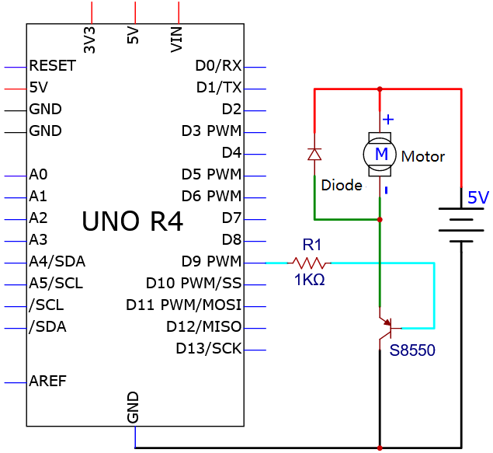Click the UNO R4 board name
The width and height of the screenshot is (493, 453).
click(132, 221)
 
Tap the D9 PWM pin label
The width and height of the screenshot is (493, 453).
click(211, 261)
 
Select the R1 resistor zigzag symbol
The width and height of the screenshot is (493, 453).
click(309, 263)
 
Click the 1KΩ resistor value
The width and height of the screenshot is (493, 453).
click(309, 280)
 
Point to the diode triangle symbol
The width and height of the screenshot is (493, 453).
click(314, 155)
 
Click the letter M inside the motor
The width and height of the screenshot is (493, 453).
click(381, 154)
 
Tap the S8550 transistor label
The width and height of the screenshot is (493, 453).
click(412, 350)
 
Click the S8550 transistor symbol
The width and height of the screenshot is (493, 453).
click(389, 329)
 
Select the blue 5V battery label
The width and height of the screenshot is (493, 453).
click(478, 197)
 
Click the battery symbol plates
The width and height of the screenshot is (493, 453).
click(461, 225)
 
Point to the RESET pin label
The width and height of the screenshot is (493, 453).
click(53, 66)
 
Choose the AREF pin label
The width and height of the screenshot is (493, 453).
click(48, 381)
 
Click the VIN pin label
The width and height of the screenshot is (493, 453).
click(176, 40)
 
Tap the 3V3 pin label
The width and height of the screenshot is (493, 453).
click(89, 40)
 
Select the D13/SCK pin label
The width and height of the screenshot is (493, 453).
click(208, 349)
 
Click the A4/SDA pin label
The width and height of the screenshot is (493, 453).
click(57, 261)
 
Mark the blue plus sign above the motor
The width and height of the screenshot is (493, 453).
click(388, 120)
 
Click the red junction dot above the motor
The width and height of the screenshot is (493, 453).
click(380, 89)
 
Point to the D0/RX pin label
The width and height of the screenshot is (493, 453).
click(218, 66)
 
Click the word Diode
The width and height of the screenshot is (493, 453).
click(342, 185)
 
